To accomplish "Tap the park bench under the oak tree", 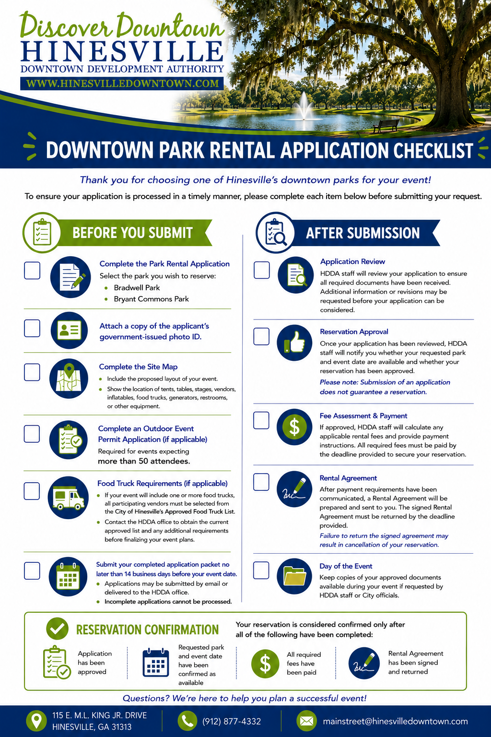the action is pyautogui.click(x=386, y=125).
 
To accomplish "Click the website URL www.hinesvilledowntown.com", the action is pyautogui.click(x=122, y=83).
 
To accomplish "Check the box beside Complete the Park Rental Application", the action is pyautogui.click(x=32, y=271).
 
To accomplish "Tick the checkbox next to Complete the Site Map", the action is pyautogui.click(x=32, y=372).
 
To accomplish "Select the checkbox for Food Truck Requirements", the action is pyautogui.click(x=32, y=491).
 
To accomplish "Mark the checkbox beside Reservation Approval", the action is pyautogui.click(x=261, y=336).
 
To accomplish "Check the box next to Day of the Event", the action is pyautogui.click(x=261, y=570).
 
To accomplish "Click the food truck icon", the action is pyautogui.click(x=68, y=498).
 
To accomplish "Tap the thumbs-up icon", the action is pyautogui.click(x=294, y=343).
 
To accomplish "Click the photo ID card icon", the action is pyautogui.click(x=69, y=330).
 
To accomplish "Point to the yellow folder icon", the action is pyautogui.click(x=294, y=576).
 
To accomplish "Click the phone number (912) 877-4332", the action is pyautogui.click(x=232, y=722).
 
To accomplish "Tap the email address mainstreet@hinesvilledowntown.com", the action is pyautogui.click(x=395, y=721).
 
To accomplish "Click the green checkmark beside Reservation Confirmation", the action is pyautogui.click(x=57, y=629).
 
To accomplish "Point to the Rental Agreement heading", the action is pyautogui.click(x=348, y=478).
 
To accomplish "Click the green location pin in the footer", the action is pyautogui.click(x=36, y=721).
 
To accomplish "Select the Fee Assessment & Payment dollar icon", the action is pyautogui.click(x=294, y=427).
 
